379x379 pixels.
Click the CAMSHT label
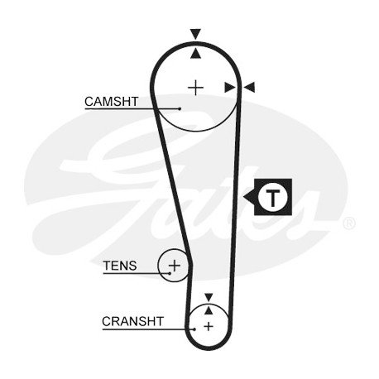tap(111, 102)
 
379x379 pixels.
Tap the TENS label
tap(120, 266)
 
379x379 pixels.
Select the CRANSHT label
tap(132, 321)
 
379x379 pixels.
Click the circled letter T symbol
tap(273, 197)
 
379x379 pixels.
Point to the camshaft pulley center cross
tap(195, 88)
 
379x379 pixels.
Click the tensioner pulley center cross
tap(175, 266)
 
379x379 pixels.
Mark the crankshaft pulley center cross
tap(209, 326)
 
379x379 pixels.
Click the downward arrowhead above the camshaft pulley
tap(195, 34)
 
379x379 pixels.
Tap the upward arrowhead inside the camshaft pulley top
tap(195, 53)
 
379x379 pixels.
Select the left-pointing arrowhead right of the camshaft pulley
tap(249, 88)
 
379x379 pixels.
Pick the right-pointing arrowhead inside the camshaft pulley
tap(230, 88)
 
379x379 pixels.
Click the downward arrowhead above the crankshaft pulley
tap(209, 297)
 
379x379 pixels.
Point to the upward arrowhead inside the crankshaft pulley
tap(209, 310)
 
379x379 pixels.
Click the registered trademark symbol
tap(349, 223)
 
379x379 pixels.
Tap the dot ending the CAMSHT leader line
tap(180, 109)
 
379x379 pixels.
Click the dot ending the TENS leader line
tap(170, 273)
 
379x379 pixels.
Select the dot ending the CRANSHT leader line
tap(194, 329)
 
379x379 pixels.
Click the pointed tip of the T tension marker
tap(243, 197)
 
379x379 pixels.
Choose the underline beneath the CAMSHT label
tap(132, 109)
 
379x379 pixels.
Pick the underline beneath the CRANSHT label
tap(148, 329)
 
